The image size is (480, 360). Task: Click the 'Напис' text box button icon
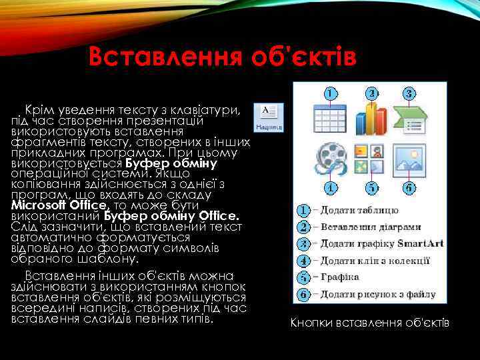[x=270, y=117]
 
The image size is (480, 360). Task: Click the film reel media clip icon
[x=331, y=157]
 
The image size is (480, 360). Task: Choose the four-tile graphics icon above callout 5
[x=370, y=157]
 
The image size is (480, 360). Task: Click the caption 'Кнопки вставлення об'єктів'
[x=370, y=323]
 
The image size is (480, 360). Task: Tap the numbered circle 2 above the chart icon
[x=371, y=94]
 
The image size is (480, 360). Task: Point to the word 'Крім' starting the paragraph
[x=36, y=108]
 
